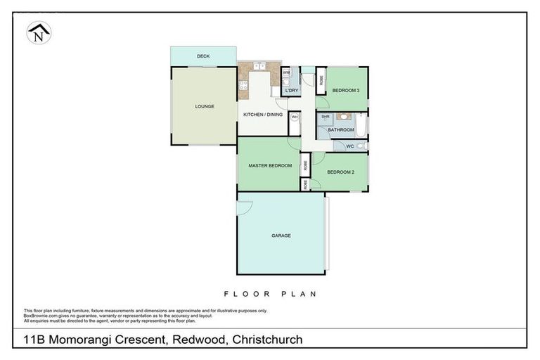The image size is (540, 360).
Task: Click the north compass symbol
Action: click(x=39, y=32)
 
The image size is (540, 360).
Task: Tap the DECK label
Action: click(x=203, y=56)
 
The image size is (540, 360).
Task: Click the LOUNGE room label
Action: click(x=205, y=106)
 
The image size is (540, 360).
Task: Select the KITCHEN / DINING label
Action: click(x=262, y=114)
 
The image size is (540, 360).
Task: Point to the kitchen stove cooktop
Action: click(x=243, y=86)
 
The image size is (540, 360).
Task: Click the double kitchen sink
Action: click(x=259, y=66)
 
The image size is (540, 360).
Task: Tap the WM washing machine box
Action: click(x=286, y=72)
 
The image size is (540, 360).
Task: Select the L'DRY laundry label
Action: click(x=292, y=91)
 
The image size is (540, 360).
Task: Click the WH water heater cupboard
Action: click(x=295, y=117)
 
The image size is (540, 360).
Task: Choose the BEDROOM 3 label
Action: click(x=346, y=91)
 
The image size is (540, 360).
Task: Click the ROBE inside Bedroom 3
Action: click(x=321, y=80)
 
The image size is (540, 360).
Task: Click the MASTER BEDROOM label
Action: click(x=270, y=165)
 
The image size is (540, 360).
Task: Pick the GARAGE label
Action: click(x=281, y=236)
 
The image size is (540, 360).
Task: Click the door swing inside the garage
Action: click(x=243, y=207)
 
